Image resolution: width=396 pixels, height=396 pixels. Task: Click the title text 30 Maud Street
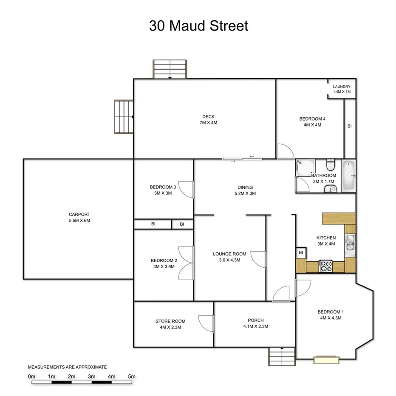coord(198,25)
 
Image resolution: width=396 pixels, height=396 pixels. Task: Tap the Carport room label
coord(79,218)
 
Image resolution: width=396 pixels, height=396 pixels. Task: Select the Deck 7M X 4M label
coord(208,120)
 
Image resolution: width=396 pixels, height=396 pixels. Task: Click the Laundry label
coord(342,89)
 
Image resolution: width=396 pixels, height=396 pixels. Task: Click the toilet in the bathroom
coord(330,165)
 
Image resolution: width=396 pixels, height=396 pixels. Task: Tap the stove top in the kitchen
coord(326,266)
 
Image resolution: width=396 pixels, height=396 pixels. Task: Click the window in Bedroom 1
coord(326,359)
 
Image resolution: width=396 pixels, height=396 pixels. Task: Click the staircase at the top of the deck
coord(170,69)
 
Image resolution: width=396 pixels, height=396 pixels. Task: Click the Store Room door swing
coord(206,323)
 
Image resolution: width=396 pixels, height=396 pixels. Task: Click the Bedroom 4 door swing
coord(284,152)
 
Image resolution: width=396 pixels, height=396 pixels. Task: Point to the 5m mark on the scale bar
coord(132,376)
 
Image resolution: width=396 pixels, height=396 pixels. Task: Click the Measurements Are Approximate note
coord(67,367)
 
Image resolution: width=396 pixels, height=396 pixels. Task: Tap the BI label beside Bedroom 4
coord(349,126)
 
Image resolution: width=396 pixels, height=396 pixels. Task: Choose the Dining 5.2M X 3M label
coord(245,190)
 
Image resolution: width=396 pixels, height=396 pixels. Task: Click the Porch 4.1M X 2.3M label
coord(256,323)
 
